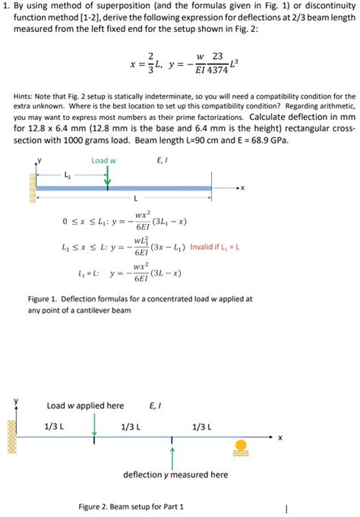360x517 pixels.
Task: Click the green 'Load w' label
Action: click(103, 161)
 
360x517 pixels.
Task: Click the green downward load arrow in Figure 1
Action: click(107, 175)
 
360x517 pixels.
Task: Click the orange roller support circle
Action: click(241, 445)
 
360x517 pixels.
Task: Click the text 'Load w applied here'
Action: click(85, 405)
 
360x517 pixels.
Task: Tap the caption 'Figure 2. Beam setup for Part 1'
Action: click(131, 506)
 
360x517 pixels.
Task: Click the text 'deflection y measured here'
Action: click(175, 474)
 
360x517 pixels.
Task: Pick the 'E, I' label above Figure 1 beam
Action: click(163, 160)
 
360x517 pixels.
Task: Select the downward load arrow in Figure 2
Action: click(94, 425)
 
